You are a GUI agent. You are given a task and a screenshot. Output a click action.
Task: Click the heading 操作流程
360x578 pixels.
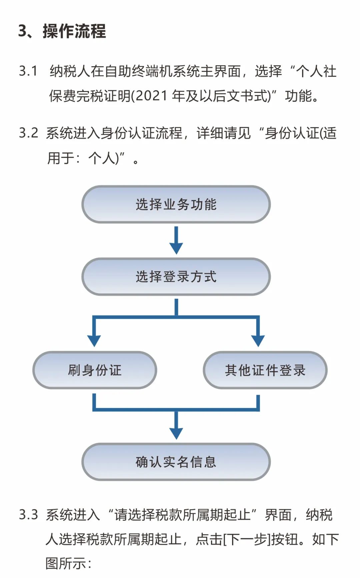tap(74, 31)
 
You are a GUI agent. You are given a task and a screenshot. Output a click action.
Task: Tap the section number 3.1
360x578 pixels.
tap(28, 71)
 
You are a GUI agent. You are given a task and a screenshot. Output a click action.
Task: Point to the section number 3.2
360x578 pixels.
tap(29, 133)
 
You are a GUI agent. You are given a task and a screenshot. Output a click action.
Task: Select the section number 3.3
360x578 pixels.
tap(29, 515)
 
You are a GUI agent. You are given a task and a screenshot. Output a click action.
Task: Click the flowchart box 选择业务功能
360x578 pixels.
tap(176, 204)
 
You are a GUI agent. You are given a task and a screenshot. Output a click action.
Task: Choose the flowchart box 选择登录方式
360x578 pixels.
tap(176, 277)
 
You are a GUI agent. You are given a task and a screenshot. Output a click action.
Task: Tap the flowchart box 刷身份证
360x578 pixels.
tap(95, 370)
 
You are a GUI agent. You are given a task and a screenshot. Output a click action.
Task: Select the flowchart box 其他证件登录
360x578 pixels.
tap(265, 370)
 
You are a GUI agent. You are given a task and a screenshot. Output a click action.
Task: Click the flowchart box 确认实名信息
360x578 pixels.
tap(176, 462)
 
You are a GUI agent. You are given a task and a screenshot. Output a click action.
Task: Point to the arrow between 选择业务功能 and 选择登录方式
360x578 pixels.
tap(176, 240)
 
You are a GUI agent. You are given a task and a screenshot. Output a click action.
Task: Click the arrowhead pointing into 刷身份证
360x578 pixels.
tap(94, 341)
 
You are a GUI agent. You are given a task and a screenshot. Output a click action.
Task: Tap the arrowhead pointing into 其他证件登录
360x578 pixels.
tap(258, 341)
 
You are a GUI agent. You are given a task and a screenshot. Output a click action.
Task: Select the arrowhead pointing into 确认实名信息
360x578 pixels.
tap(176, 433)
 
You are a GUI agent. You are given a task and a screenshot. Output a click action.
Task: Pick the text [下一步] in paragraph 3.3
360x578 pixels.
tap(247, 539)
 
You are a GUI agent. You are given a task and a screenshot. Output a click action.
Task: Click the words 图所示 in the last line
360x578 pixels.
tap(66, 564)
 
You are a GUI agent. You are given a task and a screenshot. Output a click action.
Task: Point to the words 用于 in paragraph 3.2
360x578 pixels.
tap(61, 158)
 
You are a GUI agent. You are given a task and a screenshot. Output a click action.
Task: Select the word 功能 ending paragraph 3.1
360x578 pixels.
tap(298, 96)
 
